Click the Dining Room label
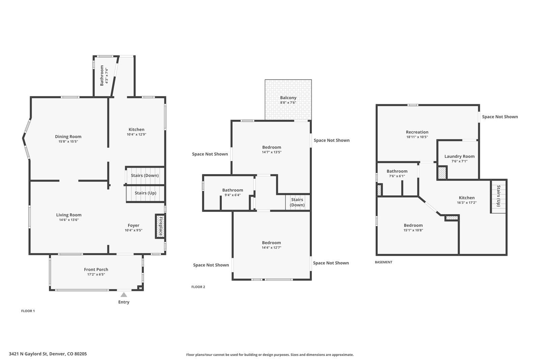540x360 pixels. [x=68, y=137]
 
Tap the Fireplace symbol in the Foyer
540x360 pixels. [x=160, y=226]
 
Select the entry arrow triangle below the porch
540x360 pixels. [x=124, y=295]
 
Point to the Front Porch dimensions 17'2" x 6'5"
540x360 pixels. [x=96, y=274]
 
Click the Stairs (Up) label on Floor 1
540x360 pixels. [x=145, y=193]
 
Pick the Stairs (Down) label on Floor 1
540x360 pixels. [x=145, y=175]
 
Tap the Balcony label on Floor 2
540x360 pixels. [x=288, y=98]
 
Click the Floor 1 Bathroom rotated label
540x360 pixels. [x=102, y=76]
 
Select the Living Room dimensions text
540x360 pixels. [x=69, y=220]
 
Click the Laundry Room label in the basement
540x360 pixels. [x=459, y=157]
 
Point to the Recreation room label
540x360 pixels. [x=417, y=132]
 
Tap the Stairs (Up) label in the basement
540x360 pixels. [x=498, y=196]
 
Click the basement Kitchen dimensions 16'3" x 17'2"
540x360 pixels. [x=467, y=203]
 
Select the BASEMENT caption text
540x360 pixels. [x=383, y=262]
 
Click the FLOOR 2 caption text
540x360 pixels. [x=198, y=287]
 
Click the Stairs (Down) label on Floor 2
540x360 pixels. [x=297, y=202]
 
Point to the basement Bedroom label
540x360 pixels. [x=413, y=225]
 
